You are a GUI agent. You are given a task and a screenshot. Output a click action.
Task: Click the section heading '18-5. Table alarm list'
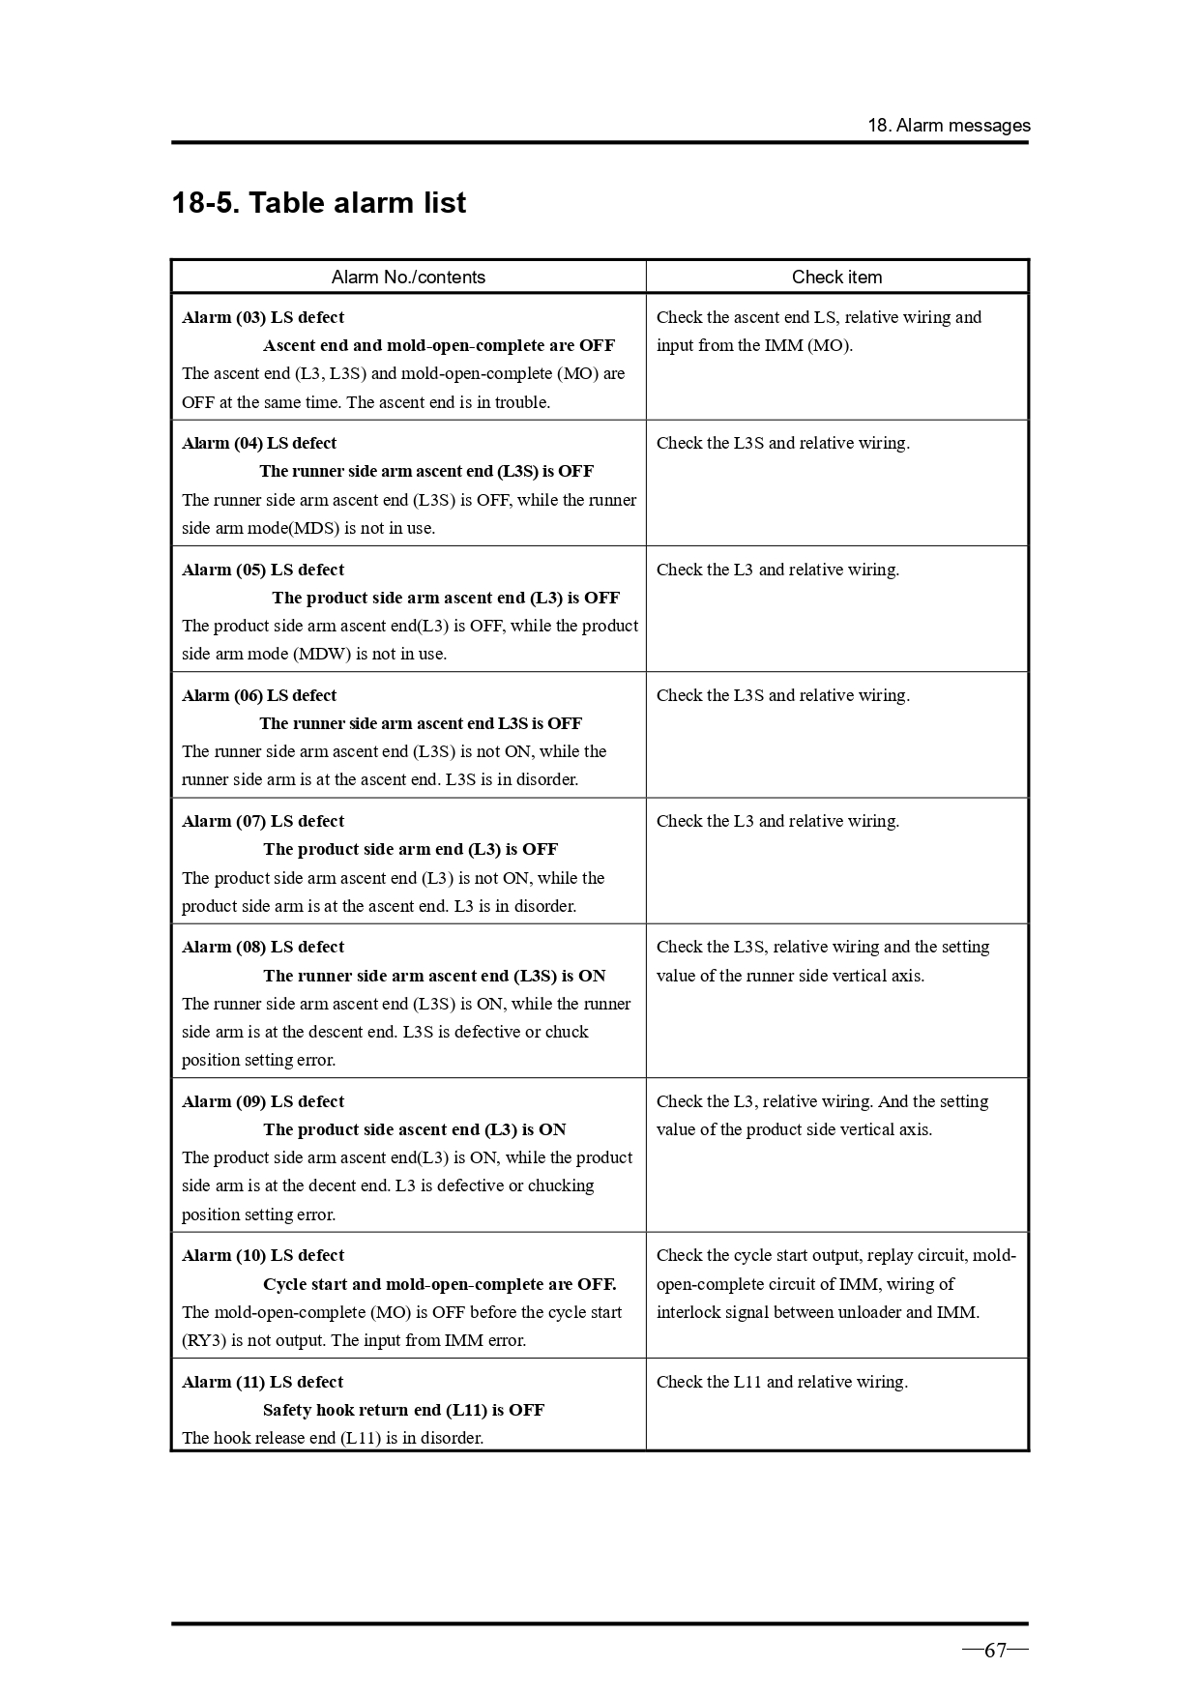(x=318, y=203)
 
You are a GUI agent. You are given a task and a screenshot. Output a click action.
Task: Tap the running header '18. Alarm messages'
(x=948, y=126)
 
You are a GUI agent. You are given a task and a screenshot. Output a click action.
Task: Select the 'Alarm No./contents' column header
(x=408, y=278)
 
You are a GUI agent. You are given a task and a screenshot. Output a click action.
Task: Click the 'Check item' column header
(x=836, y=278)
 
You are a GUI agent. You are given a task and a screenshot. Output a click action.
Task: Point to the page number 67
(x=995, y=1651)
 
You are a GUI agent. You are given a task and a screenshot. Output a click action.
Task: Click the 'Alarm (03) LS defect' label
(x=263, y=317)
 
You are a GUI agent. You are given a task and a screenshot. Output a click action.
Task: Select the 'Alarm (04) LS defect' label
(x=259, y=443)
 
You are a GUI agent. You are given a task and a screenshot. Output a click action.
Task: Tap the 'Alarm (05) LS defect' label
(x=263, y=570)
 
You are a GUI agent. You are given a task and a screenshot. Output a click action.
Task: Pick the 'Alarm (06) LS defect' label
(x=259, y=695)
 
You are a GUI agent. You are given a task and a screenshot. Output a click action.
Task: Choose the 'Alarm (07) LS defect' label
(x=263, y=821)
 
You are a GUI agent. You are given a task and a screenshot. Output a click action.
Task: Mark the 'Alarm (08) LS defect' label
(x=263, y=947)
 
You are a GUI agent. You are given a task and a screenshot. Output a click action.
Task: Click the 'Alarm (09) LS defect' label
(x=263, y=1101)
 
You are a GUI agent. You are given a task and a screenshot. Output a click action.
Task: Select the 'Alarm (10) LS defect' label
(x=263, y=1255)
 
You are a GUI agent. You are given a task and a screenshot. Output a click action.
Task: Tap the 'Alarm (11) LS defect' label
(x=263, y=1382)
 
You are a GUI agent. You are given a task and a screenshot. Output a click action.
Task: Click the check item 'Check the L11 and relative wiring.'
(x=781, y=1382)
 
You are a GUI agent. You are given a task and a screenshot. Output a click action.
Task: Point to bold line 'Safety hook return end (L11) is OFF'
(x=403, y=1410)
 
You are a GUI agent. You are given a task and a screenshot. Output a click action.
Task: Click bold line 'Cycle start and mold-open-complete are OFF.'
(x=439, y=1284)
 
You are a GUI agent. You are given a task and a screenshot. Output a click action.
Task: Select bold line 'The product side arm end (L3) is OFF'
(x=410, y=849)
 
